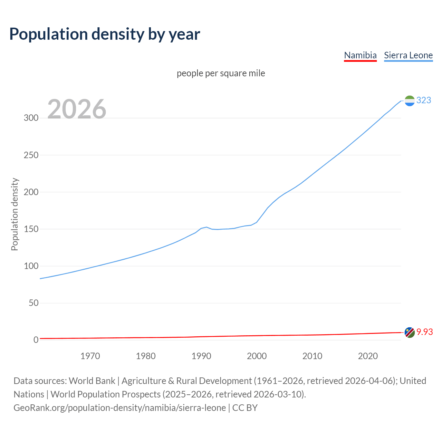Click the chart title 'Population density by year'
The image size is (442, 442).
(105, 34)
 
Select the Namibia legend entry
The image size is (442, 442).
(360, 55)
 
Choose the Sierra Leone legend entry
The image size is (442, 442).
(408, 55)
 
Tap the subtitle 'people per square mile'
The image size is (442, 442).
(221, 73)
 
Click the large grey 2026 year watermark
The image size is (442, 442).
(77, 109)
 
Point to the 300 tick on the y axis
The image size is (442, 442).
(31, 118)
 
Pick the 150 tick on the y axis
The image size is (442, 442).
(31, 229)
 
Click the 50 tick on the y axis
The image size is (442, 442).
(33, 303)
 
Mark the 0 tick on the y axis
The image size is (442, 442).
(36, 340)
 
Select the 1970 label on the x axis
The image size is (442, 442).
(90, 356)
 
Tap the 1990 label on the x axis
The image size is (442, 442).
(201, 356)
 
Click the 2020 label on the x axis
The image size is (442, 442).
(368, 356)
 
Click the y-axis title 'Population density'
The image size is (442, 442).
(15, 214)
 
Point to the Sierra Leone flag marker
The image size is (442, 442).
(410, 101)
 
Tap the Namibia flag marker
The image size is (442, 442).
(410, 333)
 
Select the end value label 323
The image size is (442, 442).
(424, 100)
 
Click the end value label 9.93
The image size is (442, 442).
(424, 332)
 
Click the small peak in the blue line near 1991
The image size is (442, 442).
(206, 227)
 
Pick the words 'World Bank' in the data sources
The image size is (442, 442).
(92, 381)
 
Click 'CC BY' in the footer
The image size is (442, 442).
(245, 408)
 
